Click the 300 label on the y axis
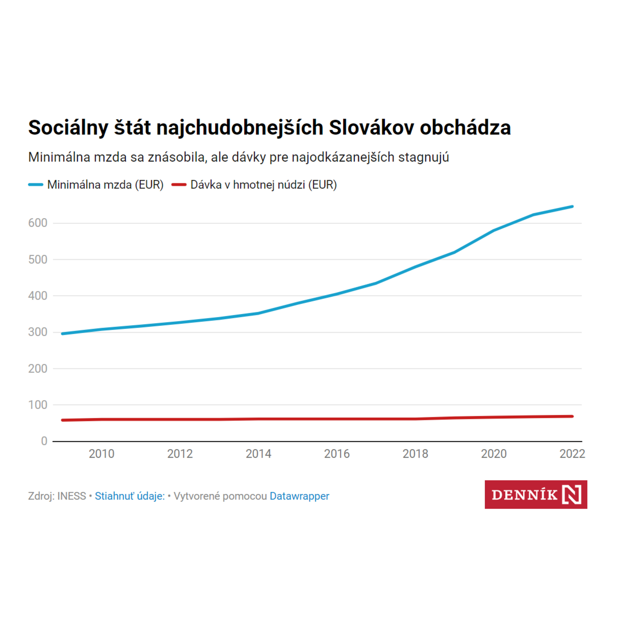click(38, 332)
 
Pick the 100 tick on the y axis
click(38, 405)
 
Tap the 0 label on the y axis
click(44, 441)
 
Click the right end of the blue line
click(573, 206)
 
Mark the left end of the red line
click(62, 420)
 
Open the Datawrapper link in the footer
click(300, 496)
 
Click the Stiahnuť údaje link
click(130, 496)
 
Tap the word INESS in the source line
click(72, 496)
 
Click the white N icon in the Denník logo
click(572, 494)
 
